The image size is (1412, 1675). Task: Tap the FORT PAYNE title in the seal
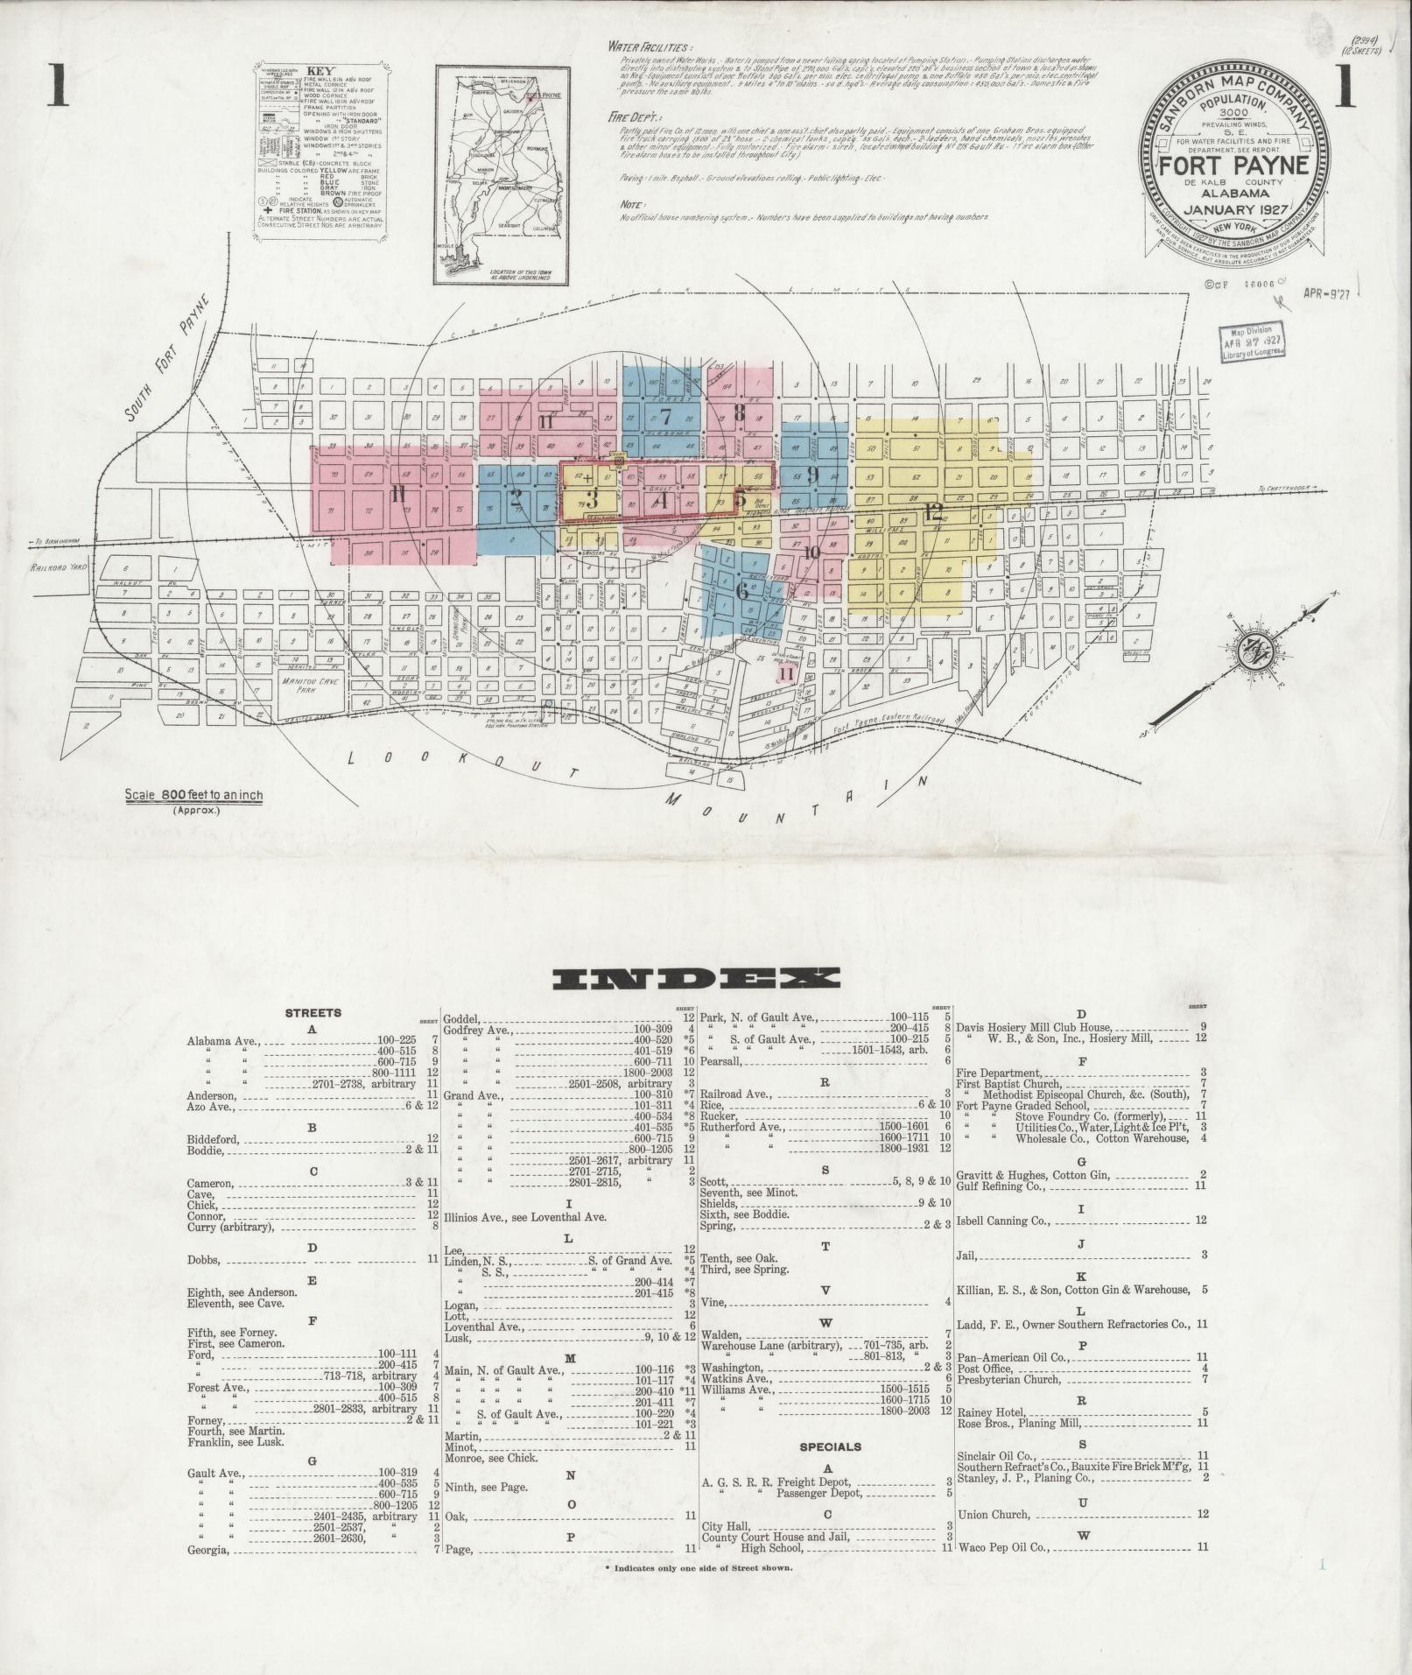point(1235,166)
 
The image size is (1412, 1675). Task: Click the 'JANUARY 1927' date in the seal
point(1235,210)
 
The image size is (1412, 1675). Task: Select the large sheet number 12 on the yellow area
point(934,511)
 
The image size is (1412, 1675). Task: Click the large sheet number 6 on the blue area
point(742,591)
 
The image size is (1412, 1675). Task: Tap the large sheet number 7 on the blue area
point(665,416)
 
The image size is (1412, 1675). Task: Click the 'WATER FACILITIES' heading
point(649,46)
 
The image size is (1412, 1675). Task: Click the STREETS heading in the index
point(313,1013)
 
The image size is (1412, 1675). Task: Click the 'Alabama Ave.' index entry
point(223,1042)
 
